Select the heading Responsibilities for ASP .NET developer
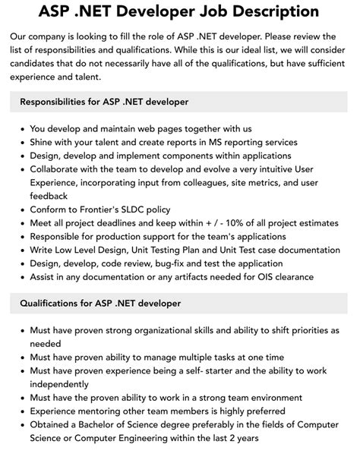tap(105, 102)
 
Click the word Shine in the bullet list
tap(43, 143)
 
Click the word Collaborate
tap(58, 169)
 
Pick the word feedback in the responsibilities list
tap(49, 196)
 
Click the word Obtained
tap(53, 425)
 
